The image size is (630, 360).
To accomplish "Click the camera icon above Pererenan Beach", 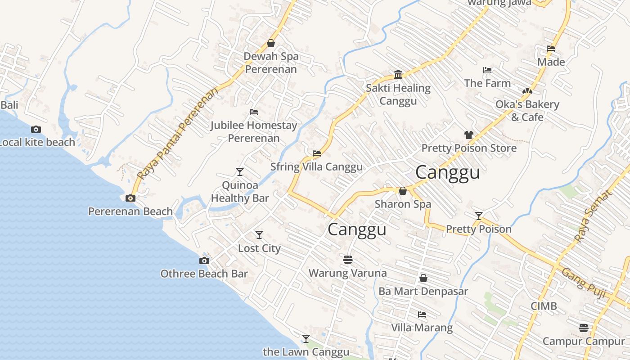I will (x=130, y=198).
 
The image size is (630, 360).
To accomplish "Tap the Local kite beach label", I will (x=37, y=142).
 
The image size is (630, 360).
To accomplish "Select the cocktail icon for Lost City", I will (x=259, y=235).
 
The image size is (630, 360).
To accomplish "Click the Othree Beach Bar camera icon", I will (x=204, y=261).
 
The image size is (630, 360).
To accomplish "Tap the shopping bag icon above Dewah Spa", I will (x=271, y=43).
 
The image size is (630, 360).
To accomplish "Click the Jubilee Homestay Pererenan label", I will (x=254, y=131).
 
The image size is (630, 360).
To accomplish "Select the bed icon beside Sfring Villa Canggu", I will (x=317, y=153).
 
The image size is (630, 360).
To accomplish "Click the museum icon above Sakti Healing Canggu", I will (x=398, y=74).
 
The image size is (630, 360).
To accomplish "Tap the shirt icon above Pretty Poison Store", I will (x=468, y=135).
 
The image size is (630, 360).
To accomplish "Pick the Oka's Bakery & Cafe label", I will (x=527, y=111).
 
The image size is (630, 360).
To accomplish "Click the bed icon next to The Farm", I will (x=487, y=70).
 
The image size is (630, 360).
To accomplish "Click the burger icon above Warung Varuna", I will (x=347, y=260).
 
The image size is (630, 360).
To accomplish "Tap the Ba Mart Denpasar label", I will (x=423, y=291).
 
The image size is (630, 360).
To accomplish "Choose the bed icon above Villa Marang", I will (x=422, y=314).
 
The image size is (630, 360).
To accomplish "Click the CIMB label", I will (x=544, y=306).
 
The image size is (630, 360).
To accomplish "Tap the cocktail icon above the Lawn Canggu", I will (x=306, y=338).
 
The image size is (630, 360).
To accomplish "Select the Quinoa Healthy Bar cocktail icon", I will (x=240, y=172).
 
